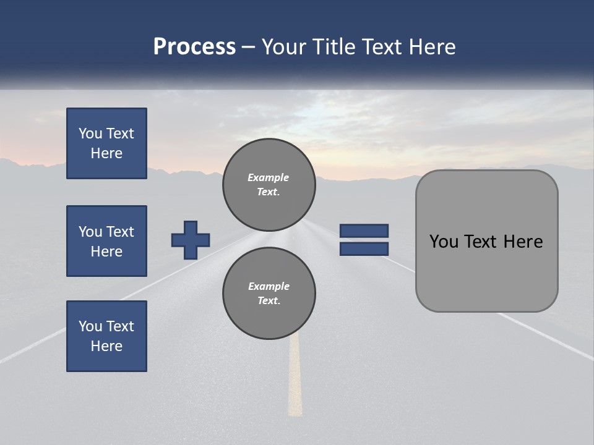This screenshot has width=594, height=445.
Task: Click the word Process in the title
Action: pos(194,47)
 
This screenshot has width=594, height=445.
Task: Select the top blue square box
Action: pos(106,143)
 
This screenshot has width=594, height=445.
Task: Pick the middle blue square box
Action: pos(106,241)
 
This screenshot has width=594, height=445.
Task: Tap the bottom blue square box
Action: pos(106,336)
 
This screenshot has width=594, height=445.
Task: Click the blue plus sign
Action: pos(191,240)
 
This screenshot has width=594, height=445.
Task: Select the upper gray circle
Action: pos(269,185)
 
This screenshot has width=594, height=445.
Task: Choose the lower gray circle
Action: pos(269,294)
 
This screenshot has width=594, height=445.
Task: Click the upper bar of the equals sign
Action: pos(364,231)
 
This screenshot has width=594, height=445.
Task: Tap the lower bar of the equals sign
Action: pos(364,249)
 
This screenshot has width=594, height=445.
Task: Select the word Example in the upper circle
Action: pos(269,177)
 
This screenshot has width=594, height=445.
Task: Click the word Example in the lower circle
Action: pos(269,286)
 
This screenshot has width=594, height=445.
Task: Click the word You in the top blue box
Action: pos(89,133)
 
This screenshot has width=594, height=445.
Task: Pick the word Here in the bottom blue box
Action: pos(106,346)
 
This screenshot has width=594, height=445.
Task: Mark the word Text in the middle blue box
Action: pos(120,232)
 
